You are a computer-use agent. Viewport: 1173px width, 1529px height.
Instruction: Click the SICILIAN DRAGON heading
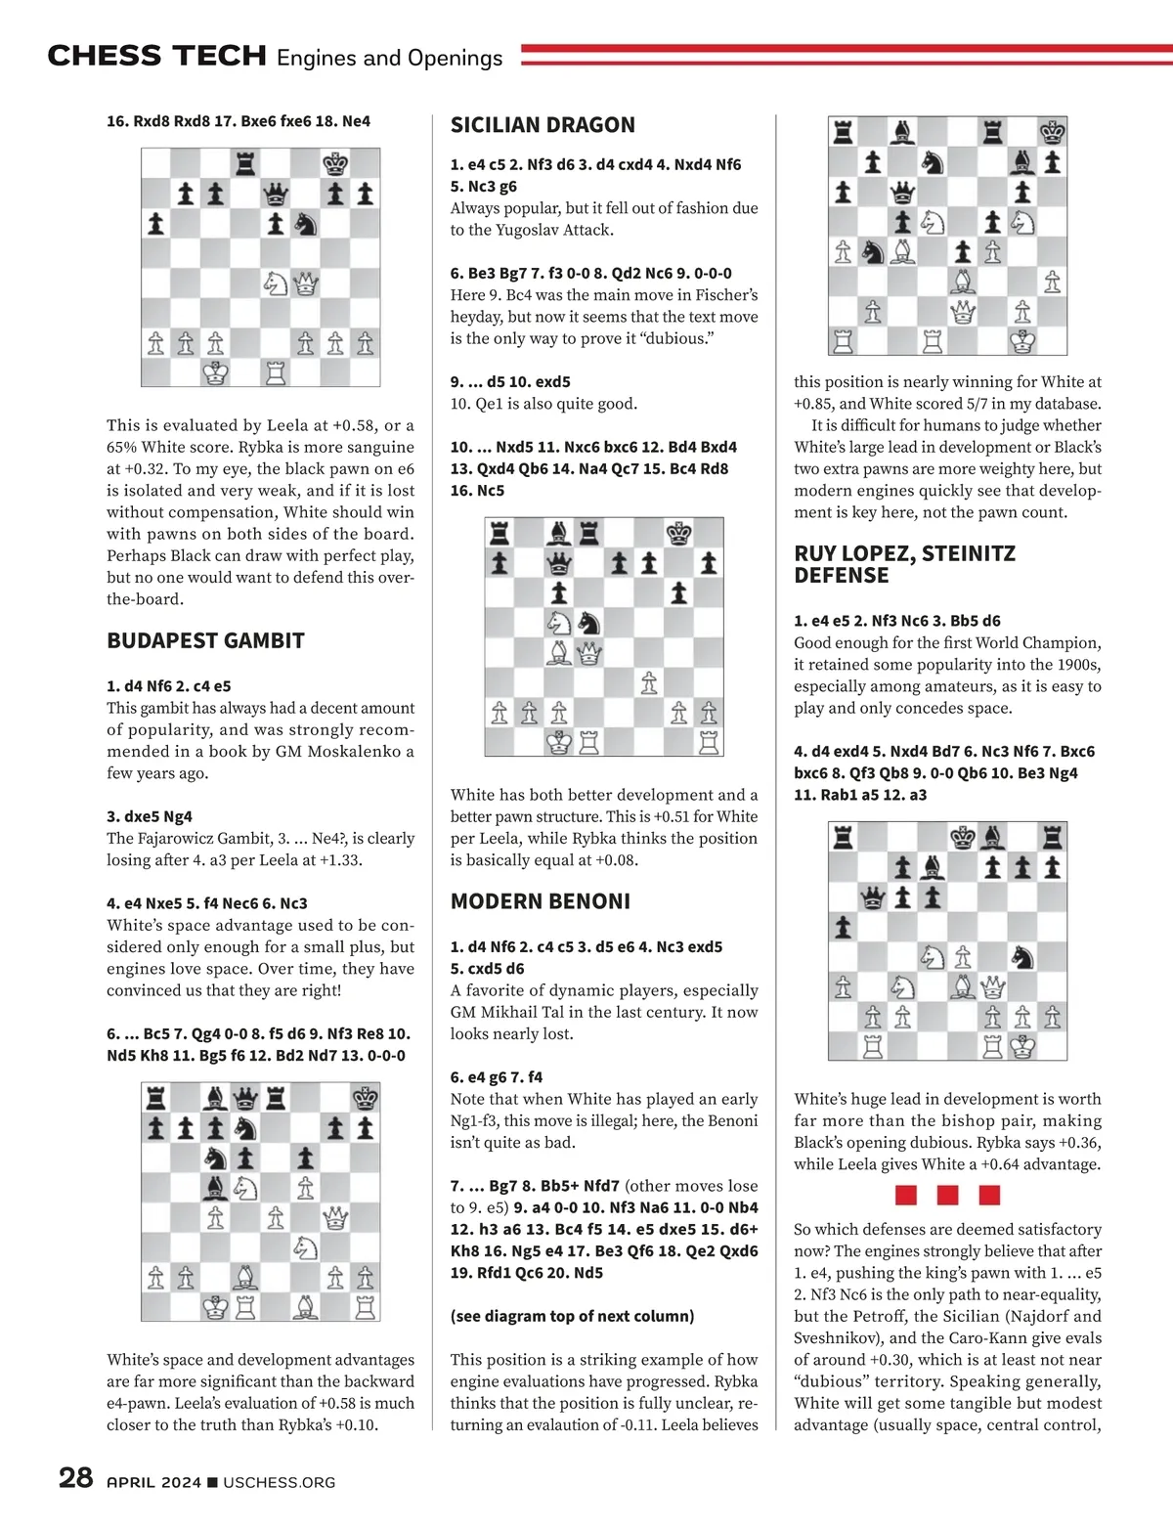(x=543, y=125)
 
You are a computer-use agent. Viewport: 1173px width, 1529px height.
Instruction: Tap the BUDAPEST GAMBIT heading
(x=205, y=641)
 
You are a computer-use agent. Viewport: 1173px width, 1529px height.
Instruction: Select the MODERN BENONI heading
(x=540, y=901)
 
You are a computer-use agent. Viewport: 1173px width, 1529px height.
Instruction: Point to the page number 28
(x=75, y=1477)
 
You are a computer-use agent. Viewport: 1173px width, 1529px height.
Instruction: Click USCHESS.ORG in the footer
(x=280, y=1483)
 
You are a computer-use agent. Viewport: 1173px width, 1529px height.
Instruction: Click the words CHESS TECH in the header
(x=156, y=57)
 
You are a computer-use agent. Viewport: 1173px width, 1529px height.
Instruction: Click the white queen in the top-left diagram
(x=306, y=284)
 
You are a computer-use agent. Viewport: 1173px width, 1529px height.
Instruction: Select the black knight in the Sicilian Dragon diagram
(x=588, y=623)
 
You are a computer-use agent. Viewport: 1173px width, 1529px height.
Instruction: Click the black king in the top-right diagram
(x=1052, y=132)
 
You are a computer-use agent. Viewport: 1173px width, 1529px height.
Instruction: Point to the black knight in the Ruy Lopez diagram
(x=1023, y=956)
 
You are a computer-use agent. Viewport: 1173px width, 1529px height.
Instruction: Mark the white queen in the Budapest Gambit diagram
(x=335, y=1217)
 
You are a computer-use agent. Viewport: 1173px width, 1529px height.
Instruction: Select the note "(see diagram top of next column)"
(x=572, y=1316)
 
